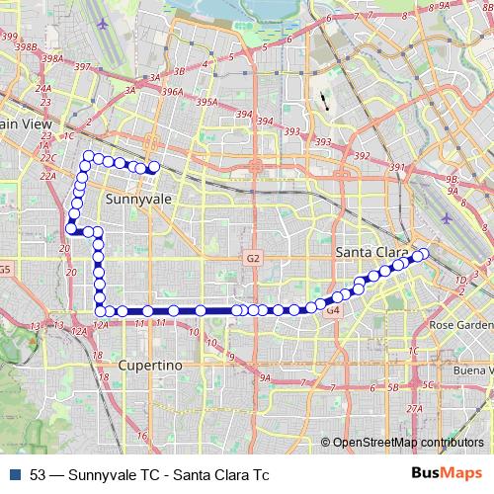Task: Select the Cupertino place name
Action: pyautogui.click(x=151, y=366)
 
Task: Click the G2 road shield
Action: pyautogui.click(x=253, y=258)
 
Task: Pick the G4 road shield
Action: pyautogui.click(x=333, y=310)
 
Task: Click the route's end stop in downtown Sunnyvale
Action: pyautogui.click(x=153, y=166)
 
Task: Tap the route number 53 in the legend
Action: pyautogui.click(x=39, y=474)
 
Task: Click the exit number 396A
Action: pyautogui.click(x=173, y=92)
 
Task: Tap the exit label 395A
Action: pyautogui.click(x=206, y=101)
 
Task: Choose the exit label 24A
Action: pyautogui.click(x=42, y=88)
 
